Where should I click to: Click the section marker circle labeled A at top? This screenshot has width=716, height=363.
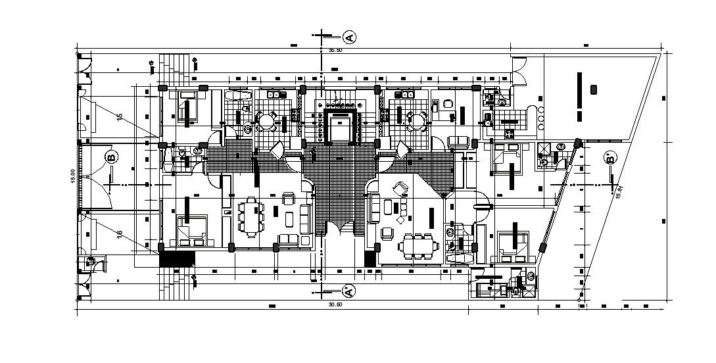[349, 37]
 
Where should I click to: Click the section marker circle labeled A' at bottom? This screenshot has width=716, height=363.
[349, 290]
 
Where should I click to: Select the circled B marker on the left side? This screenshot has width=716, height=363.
[111, 158]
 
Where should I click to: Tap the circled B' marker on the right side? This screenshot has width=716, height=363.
[610, 158]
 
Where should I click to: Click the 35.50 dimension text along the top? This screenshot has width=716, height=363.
[335, 50]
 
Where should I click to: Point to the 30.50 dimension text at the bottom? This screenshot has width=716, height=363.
[335, 304]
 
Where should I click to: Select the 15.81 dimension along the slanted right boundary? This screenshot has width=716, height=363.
[619, 191]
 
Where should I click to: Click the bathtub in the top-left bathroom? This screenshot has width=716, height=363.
[237, 98]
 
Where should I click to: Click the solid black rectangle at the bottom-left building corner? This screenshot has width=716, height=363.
[178, 258]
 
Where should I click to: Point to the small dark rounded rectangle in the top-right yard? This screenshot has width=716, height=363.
[594, 89]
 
